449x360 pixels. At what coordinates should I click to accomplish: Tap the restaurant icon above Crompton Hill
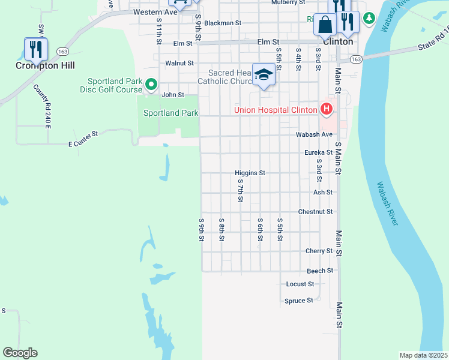(x=35, y=49)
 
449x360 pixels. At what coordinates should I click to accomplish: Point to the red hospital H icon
(x=326, y=109)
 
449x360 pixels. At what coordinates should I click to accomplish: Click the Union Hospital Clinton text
(x=276, y=109)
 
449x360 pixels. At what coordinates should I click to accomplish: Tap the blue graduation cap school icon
(x=264, y=75)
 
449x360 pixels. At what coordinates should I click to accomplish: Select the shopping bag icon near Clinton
(x=325, y=25)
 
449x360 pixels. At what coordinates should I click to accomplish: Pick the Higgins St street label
(x=250, y=173)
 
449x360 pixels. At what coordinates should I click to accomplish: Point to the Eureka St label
(x=318, y=153)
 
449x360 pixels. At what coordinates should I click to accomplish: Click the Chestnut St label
(x=315, y=212)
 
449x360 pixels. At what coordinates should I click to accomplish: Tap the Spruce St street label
(x=298, y=301)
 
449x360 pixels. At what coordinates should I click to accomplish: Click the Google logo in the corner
(x=20, y=353)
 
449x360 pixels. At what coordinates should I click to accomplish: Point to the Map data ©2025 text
(x=423, y=355)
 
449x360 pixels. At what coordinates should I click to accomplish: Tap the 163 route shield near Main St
(x=356, y=59)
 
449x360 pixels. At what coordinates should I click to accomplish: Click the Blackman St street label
(x=222, y=23)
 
